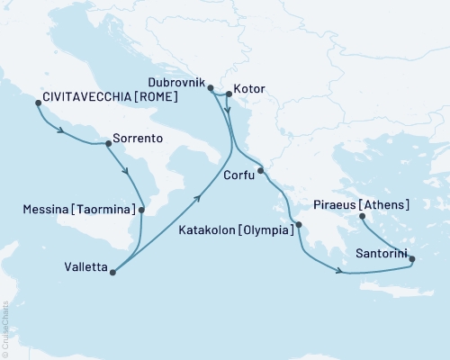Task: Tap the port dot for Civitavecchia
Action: [38, 103]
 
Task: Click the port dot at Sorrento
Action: [108, 142]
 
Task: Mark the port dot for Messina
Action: [141, 210]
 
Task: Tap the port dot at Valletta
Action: [112, 267]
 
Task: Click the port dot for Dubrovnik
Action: [210, 88]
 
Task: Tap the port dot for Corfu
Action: [260, 171]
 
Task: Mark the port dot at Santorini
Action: [412, 259]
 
